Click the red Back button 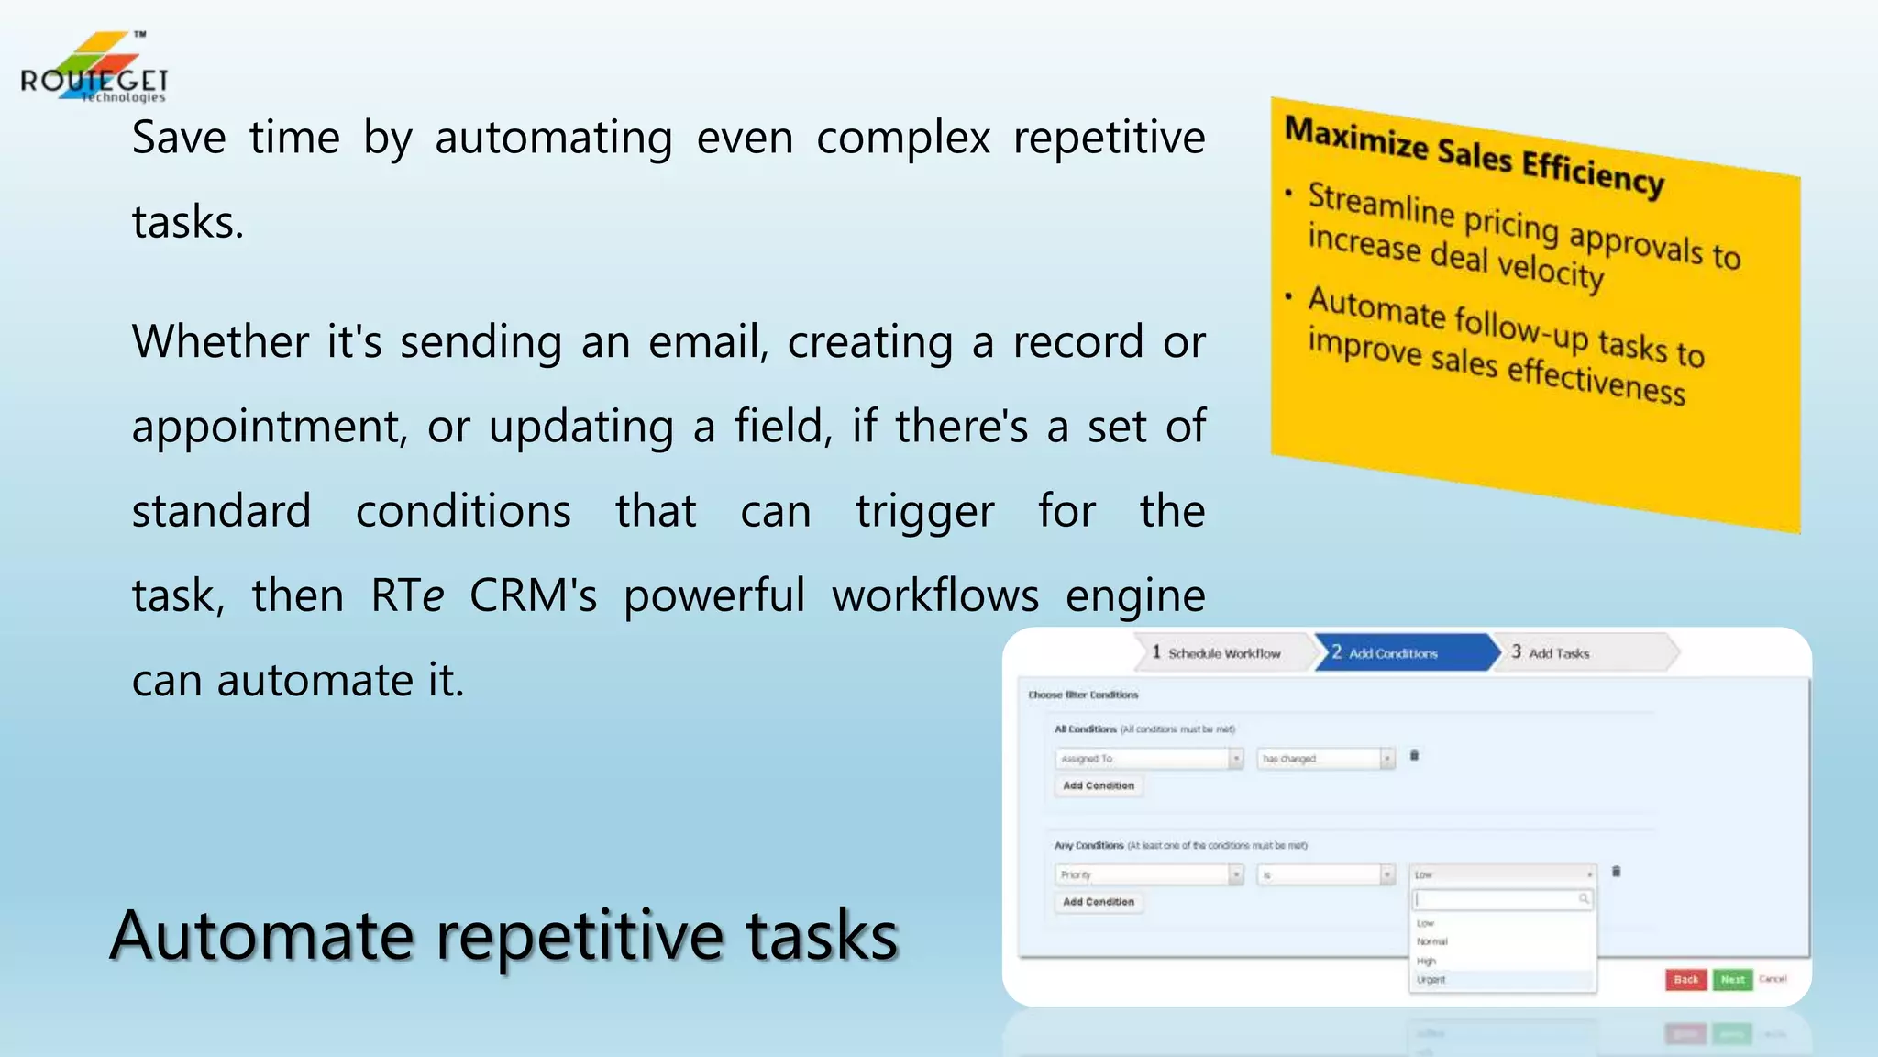point(1685,979)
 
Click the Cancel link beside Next point(1773,979)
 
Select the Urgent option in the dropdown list point(1431,980)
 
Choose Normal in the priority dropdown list point(1432,941)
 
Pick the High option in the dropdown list point(1427,961)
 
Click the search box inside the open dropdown point(1500,899)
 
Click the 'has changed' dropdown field point(1325,759)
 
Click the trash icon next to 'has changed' point(1414,756)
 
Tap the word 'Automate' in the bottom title point(261,936)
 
